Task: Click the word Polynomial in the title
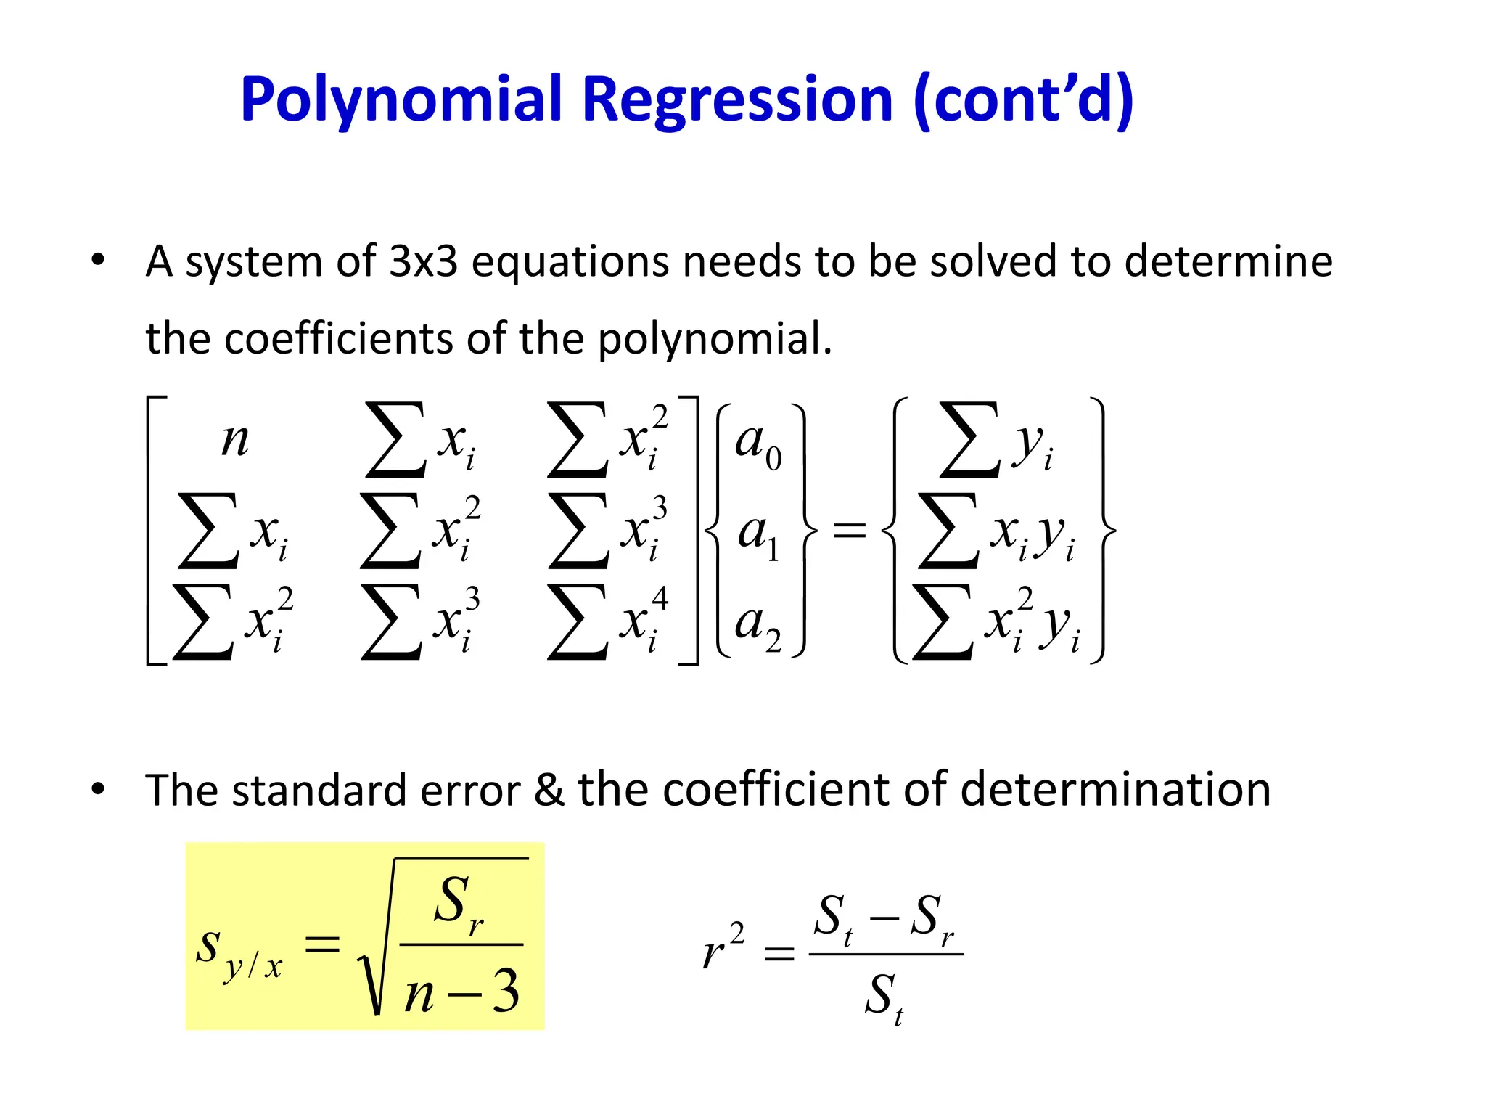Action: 401,99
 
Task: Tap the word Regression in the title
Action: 737,99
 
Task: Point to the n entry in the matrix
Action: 235,440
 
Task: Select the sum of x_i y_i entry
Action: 996,532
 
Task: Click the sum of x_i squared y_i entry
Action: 996,623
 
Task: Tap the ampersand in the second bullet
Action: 549,790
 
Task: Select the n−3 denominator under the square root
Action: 462,992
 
